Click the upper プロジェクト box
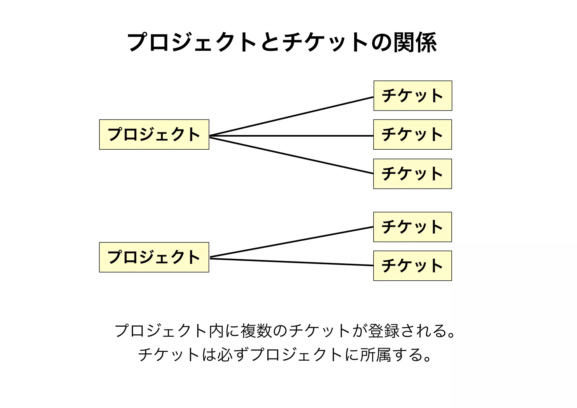[154, 134]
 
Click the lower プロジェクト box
[154, 257]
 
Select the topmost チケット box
[413, 96]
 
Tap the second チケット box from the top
[412, 134]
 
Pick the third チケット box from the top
[412, 174]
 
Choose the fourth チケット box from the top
[412, 227]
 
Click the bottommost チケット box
[412, 266]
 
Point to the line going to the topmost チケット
[292, 116]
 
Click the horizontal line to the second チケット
[292, 136]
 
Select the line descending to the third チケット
[292, 156]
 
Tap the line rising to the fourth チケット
[292, 242]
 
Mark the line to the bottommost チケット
[292, 262]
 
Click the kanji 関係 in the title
[415, 43]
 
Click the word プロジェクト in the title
[192, 43]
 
